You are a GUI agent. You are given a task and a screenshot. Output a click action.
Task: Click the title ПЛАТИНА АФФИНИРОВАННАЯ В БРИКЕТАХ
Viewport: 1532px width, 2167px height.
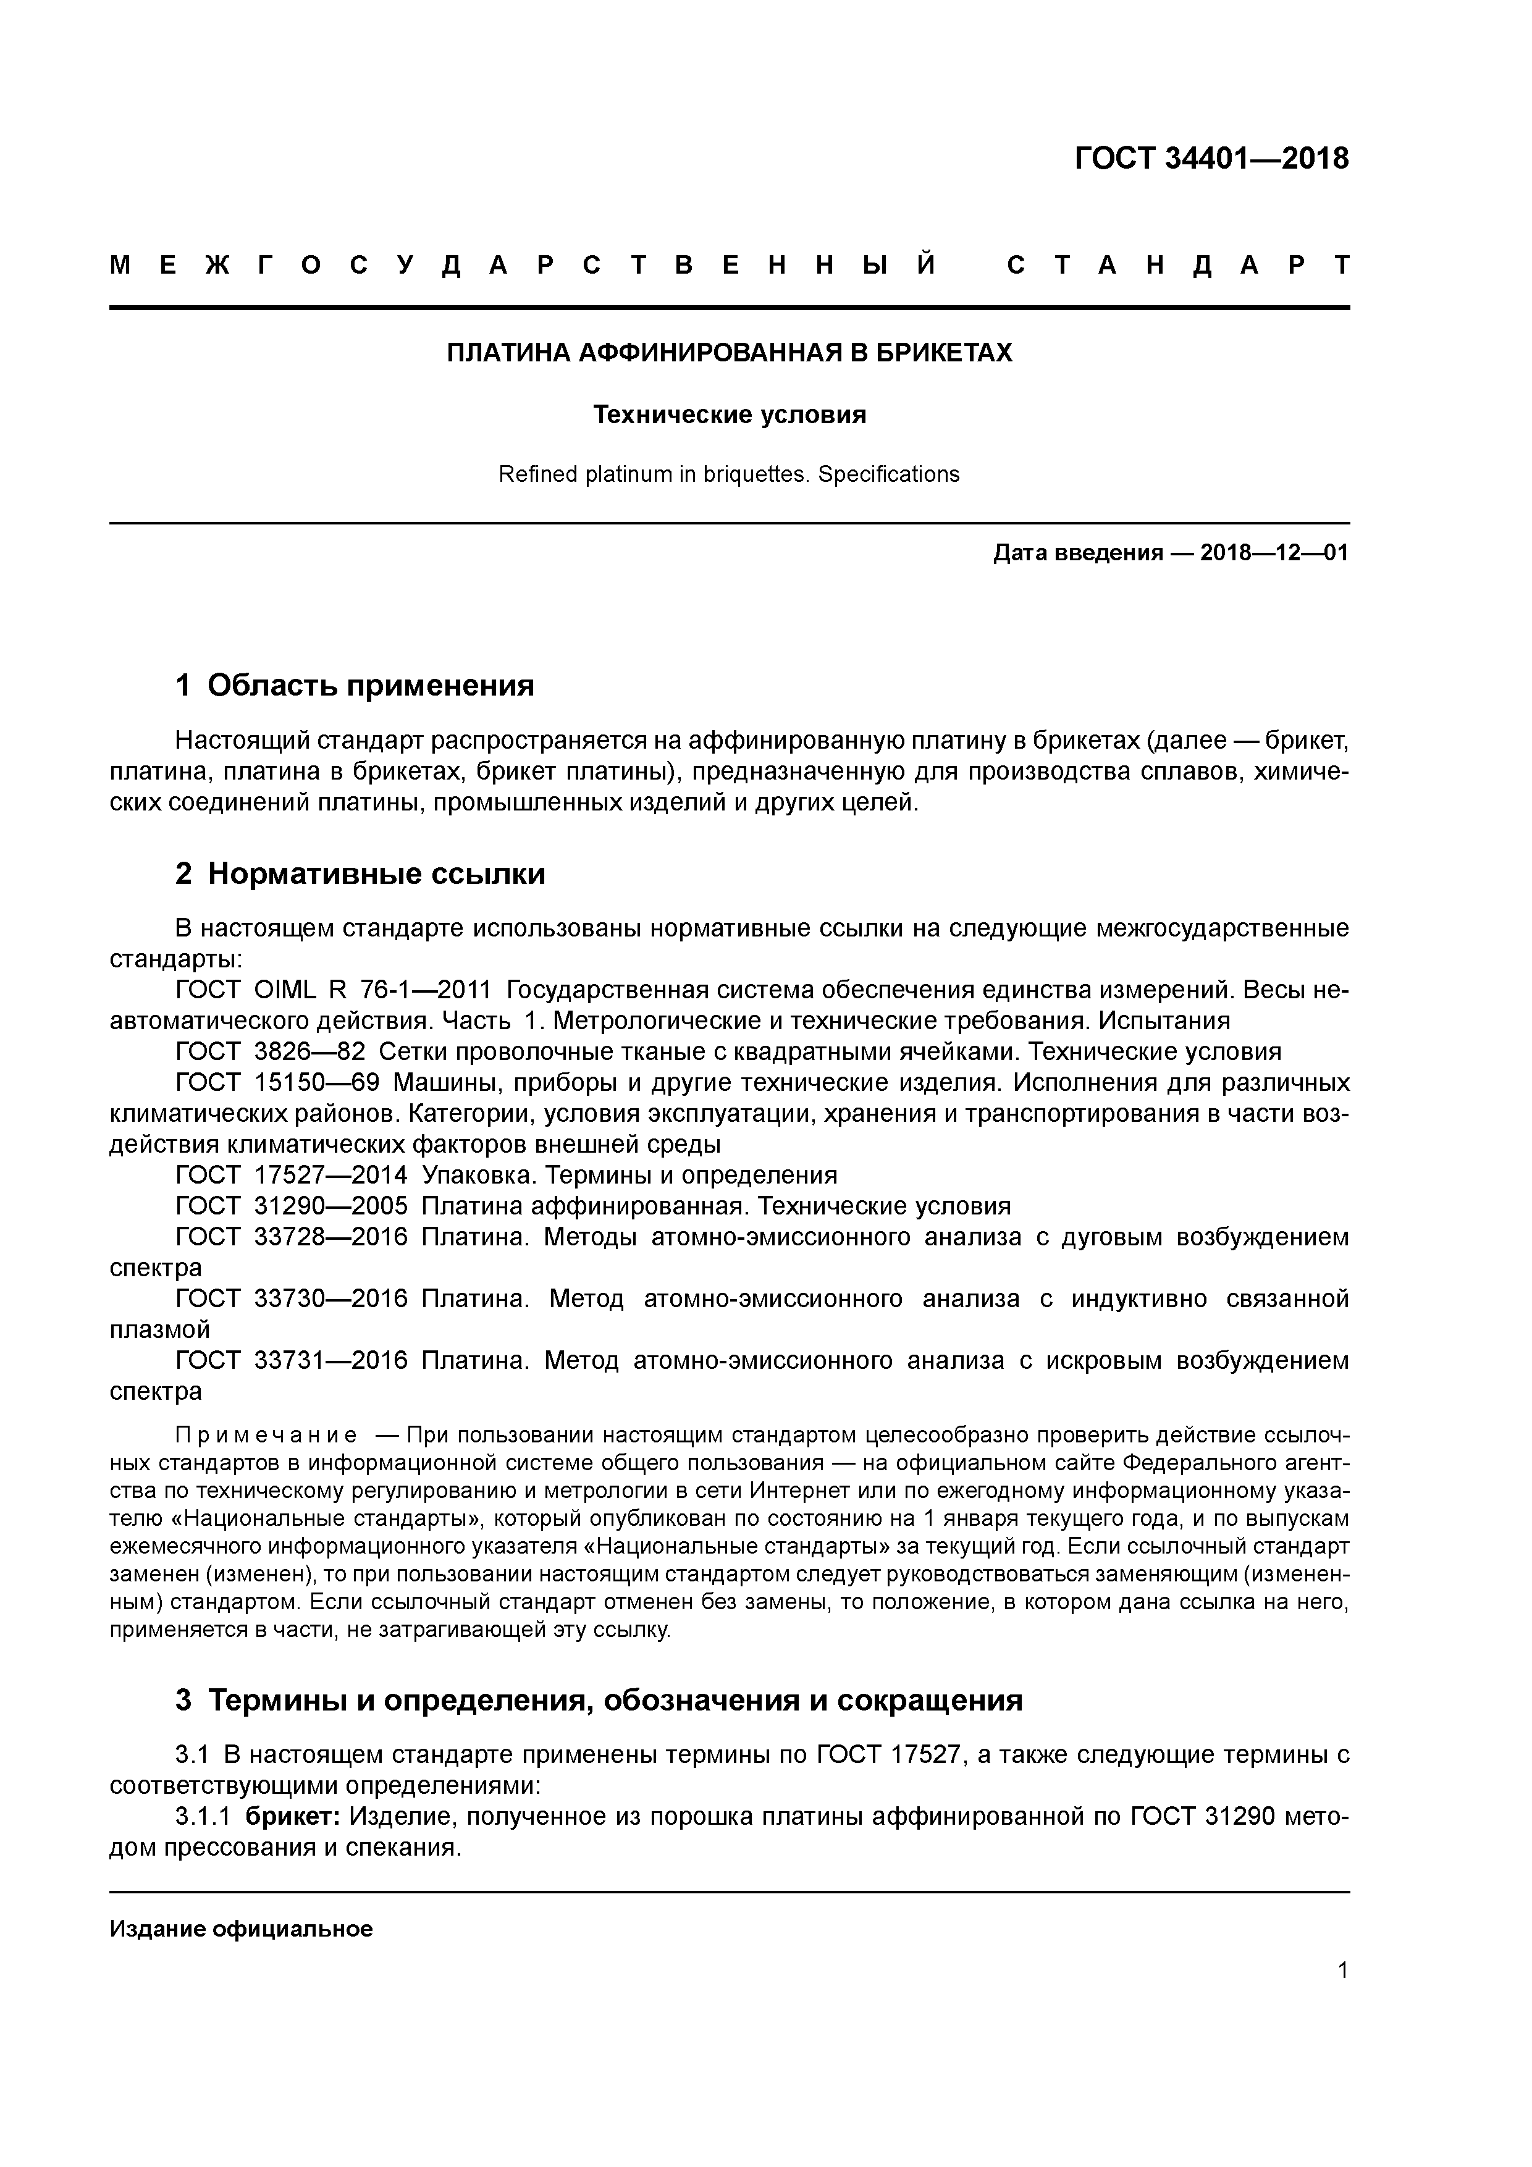[x=729, y=353]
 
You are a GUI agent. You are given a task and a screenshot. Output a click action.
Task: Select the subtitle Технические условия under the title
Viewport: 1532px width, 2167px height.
[x=729, y=415]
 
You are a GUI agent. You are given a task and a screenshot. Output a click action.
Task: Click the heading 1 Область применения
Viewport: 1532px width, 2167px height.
[x=355, y=685]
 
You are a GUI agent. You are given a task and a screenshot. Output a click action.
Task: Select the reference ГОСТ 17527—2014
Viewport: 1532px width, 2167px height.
[x=292, y=1175]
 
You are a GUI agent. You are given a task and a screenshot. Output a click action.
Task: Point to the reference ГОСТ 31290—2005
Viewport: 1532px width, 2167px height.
[x=292, y=1206]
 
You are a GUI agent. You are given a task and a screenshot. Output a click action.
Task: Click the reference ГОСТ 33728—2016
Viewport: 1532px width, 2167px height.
[x=292, y=1237]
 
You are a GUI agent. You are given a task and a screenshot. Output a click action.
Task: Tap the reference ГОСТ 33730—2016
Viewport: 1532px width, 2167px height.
[x=292, y=1300]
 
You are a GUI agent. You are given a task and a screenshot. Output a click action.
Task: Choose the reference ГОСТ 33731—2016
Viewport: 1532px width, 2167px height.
[x=292, y=1361]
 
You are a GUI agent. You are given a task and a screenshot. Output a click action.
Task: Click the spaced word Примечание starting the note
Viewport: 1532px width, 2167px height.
[x=266, y=1436]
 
